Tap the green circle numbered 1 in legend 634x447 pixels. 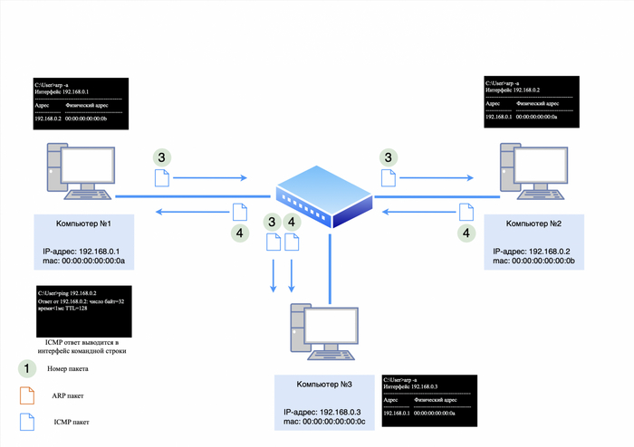click(28, 368)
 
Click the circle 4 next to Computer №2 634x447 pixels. click(467, 233)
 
